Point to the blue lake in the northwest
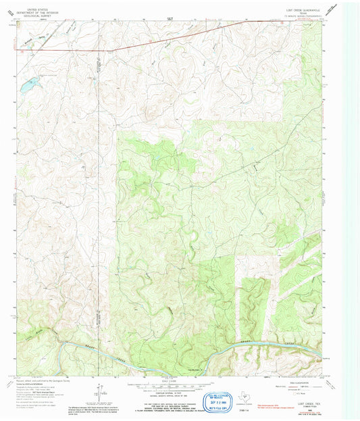28,85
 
